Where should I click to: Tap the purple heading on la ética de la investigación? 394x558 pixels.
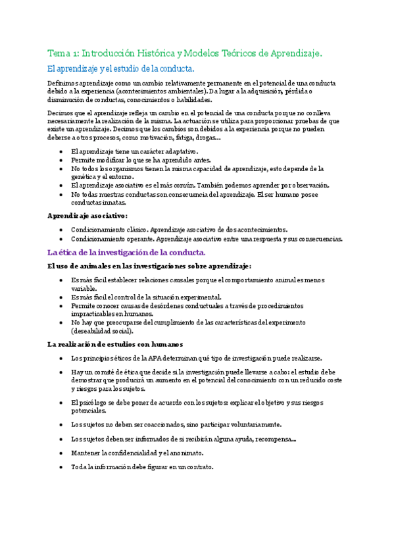tap(127, 252)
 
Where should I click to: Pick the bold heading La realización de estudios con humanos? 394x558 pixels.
tap(115, 343)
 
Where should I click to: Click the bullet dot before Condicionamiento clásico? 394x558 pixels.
tap(61, 230)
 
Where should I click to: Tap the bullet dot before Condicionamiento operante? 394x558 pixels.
tap(61, 239)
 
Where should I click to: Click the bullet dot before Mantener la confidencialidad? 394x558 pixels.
tap(61, 453)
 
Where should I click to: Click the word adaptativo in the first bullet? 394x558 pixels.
tap(157, 152)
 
